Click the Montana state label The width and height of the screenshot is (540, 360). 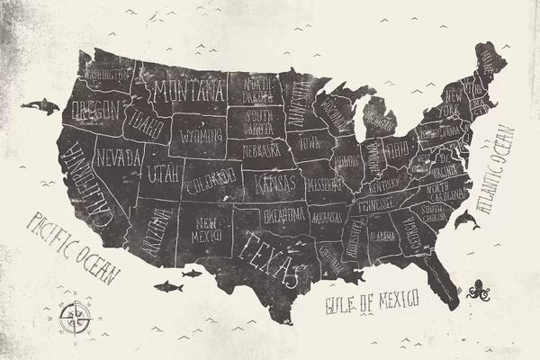click(188, 91)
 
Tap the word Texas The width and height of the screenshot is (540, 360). click(270, 254)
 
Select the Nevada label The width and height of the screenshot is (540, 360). click(119, 157)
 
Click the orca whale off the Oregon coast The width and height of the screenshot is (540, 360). click(40, 106)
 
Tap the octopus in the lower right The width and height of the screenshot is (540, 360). click(477, 290)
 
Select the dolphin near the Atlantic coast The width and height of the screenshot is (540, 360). click(465, 220)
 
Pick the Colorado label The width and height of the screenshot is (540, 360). click(211, 180)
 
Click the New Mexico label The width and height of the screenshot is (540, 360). click(206, 229)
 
